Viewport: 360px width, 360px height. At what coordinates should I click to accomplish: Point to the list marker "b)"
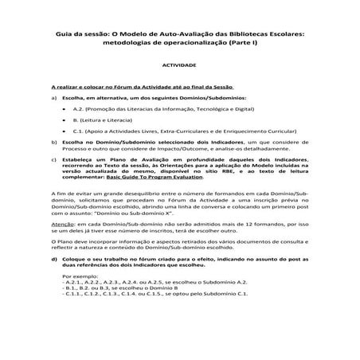(x=54, y=142)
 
